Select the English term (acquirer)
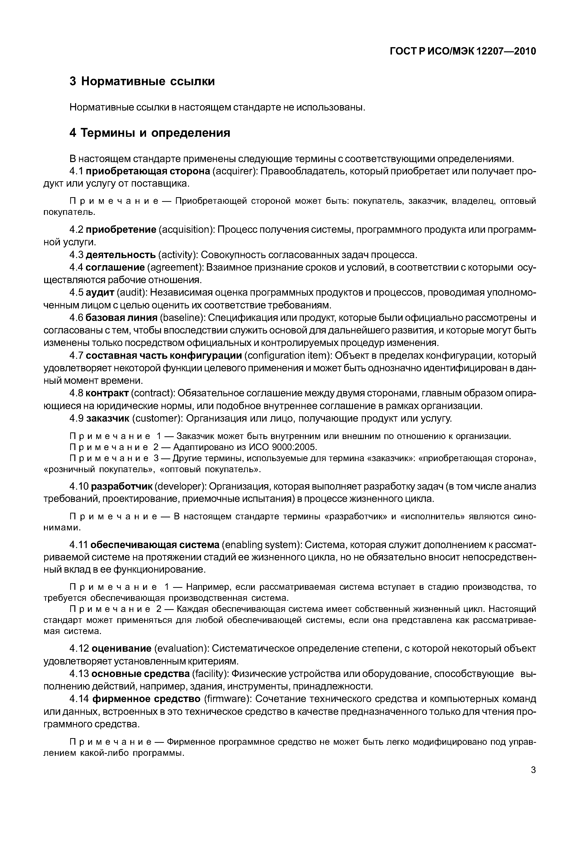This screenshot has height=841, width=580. pos(235,171)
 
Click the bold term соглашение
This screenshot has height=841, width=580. pos(115,267)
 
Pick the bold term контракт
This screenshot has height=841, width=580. pos(107,393)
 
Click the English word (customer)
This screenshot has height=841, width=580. pos(157,418)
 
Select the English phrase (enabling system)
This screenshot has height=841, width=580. pos(260,545)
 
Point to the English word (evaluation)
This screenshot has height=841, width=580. pos(182,648)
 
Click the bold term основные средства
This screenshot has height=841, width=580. pos(141,674)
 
